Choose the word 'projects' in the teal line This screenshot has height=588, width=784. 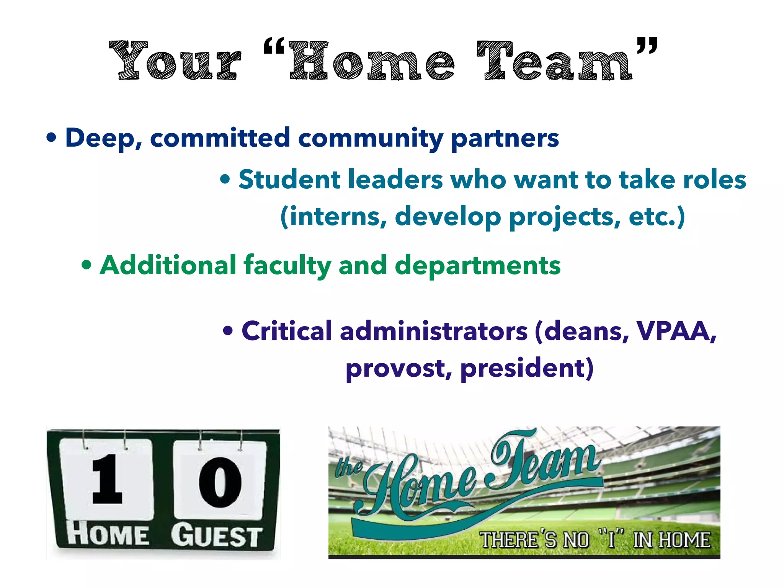[x=564, y=217]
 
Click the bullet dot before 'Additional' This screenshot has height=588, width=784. [x=87, y=265]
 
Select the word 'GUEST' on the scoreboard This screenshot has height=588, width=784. [x=217, y=536]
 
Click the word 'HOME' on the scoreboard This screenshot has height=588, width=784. [x=108, y=534]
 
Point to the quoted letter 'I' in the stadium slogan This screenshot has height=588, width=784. [x=611, y=539]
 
